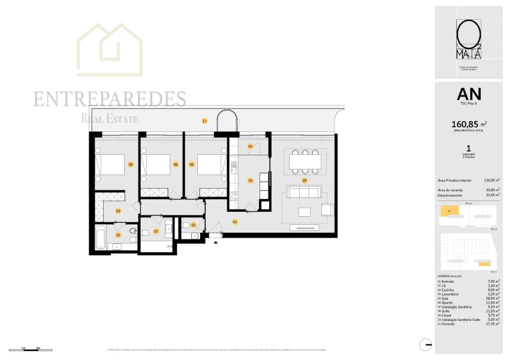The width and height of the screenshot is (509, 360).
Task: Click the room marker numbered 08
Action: click(130, 164)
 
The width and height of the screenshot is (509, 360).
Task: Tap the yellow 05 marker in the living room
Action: click(305, 180)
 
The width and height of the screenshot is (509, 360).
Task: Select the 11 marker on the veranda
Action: click(204, 121)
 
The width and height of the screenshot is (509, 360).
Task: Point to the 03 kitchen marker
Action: click(250, 180)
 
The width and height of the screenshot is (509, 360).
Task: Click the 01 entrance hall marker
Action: click(235, 222)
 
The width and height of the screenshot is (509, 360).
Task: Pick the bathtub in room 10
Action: click(101, 238)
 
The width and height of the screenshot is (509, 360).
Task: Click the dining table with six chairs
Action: click(304, 161)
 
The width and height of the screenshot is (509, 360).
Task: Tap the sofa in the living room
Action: click(304, 192)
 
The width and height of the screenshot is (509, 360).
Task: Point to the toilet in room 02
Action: click(187, 225)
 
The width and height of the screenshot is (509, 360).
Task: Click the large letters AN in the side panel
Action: click(469, 94)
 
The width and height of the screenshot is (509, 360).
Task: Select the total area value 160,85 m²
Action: click(469, 125)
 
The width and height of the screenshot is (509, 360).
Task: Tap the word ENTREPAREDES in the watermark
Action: click(110, 99)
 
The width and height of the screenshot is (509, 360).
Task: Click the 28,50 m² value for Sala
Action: click(493, 298)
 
